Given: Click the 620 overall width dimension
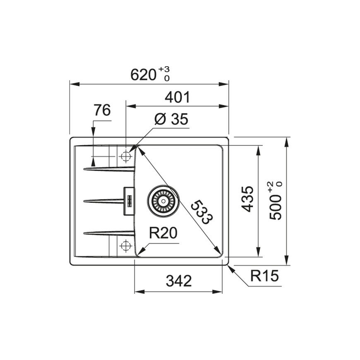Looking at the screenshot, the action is (143, 74).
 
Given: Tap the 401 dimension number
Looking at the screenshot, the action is (178, 97).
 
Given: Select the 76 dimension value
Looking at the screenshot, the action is (102, 110).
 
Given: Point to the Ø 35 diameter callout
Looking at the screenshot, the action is (171, 119).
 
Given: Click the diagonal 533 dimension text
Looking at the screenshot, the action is (202, 212).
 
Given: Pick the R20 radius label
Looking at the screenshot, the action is (163, 233).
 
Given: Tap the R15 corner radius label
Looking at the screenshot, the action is (264, 276).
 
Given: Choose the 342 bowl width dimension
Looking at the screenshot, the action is (179, 281).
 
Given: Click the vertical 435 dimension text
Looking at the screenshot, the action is (247, 199).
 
